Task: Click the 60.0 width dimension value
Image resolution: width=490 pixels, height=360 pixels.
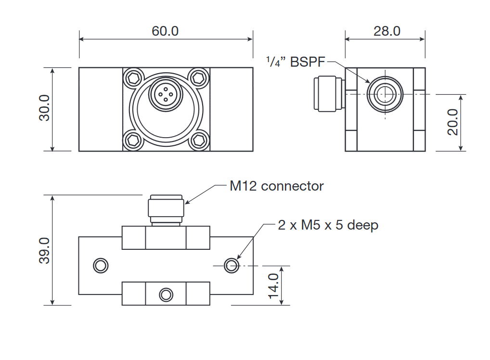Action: (165, 31)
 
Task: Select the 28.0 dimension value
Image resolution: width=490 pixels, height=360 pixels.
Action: (387, 31)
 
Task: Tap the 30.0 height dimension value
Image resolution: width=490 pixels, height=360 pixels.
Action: (44, 108)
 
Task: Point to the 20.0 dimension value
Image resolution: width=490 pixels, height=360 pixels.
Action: (453, 122)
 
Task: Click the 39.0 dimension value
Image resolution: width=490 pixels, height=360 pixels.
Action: (44, 250)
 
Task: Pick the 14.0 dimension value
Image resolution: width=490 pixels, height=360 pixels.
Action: (273, 286)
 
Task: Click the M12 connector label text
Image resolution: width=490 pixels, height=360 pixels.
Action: (276, 186)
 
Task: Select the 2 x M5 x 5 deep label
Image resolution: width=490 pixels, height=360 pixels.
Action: (328, 225)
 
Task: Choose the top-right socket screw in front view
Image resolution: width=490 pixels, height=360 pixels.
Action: (198, 77)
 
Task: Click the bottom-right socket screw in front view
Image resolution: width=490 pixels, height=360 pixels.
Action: (198, 141)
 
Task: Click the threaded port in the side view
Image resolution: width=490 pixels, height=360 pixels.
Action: (385, 94)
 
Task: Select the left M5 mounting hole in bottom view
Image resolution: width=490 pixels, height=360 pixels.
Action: (101, 265)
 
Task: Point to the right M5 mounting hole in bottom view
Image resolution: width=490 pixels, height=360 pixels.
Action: (232, 265)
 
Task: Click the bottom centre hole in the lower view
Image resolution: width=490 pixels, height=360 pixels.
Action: (166, 294)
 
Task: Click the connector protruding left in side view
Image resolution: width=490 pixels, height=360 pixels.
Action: (329, 94)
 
